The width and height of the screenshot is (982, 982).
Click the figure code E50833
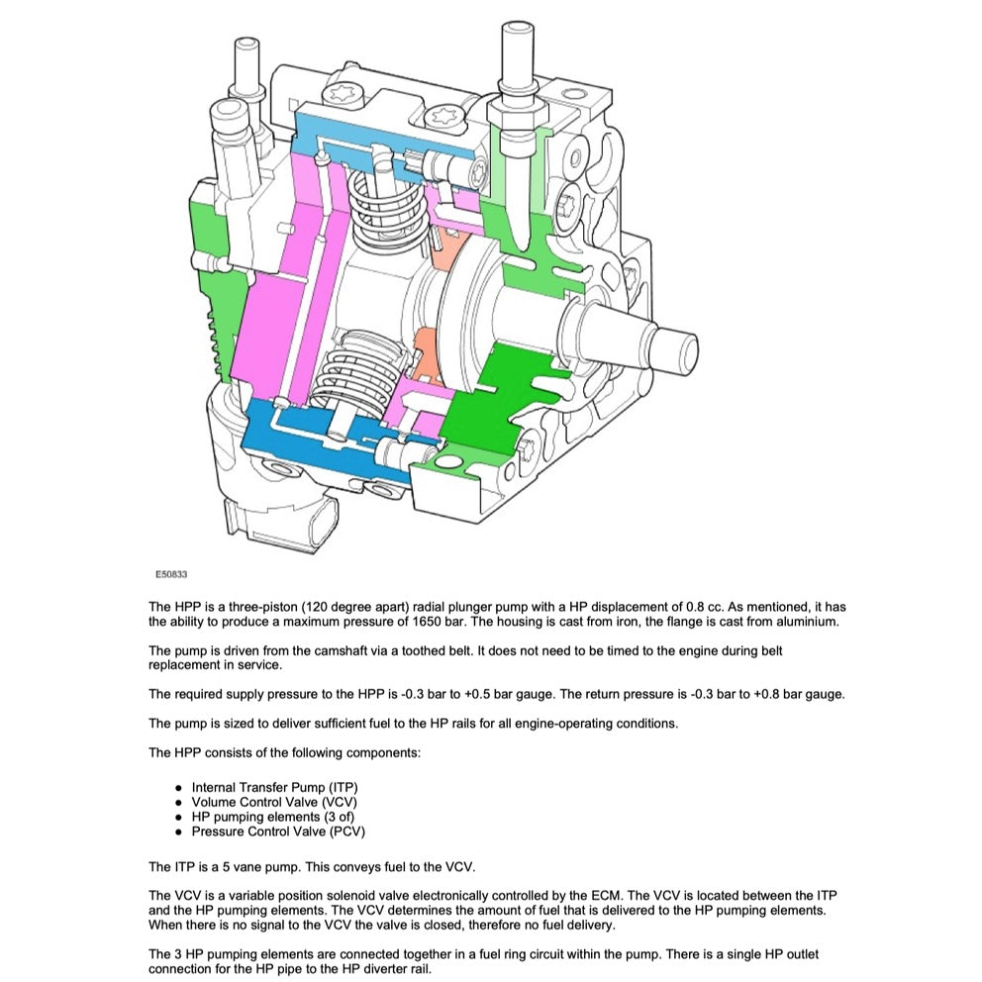171,573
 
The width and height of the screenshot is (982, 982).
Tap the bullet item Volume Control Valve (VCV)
274,802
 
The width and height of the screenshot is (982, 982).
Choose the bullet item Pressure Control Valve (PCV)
278,832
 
